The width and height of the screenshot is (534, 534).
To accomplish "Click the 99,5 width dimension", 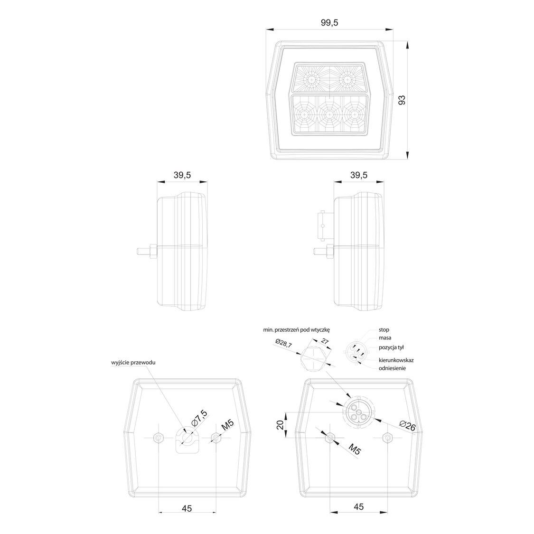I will click(329, 23).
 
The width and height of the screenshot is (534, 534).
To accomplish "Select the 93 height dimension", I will click(401, 100).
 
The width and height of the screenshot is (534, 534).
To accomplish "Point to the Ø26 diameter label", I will click(408, 426).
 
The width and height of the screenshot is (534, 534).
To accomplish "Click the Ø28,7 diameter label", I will click(284, 344).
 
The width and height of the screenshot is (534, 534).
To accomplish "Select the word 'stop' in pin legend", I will click(384, 329).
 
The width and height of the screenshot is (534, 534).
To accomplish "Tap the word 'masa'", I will click(385, 338).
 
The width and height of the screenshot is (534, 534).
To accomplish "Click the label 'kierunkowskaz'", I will click(396, 360).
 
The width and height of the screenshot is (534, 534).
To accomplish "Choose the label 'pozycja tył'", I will click(391, 347).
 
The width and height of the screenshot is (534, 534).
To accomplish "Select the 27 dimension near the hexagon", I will click(325, 341).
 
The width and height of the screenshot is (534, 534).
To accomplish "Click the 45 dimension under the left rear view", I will click(187, 508).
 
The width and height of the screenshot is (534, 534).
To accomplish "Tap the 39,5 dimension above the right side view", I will click(358, 175).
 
